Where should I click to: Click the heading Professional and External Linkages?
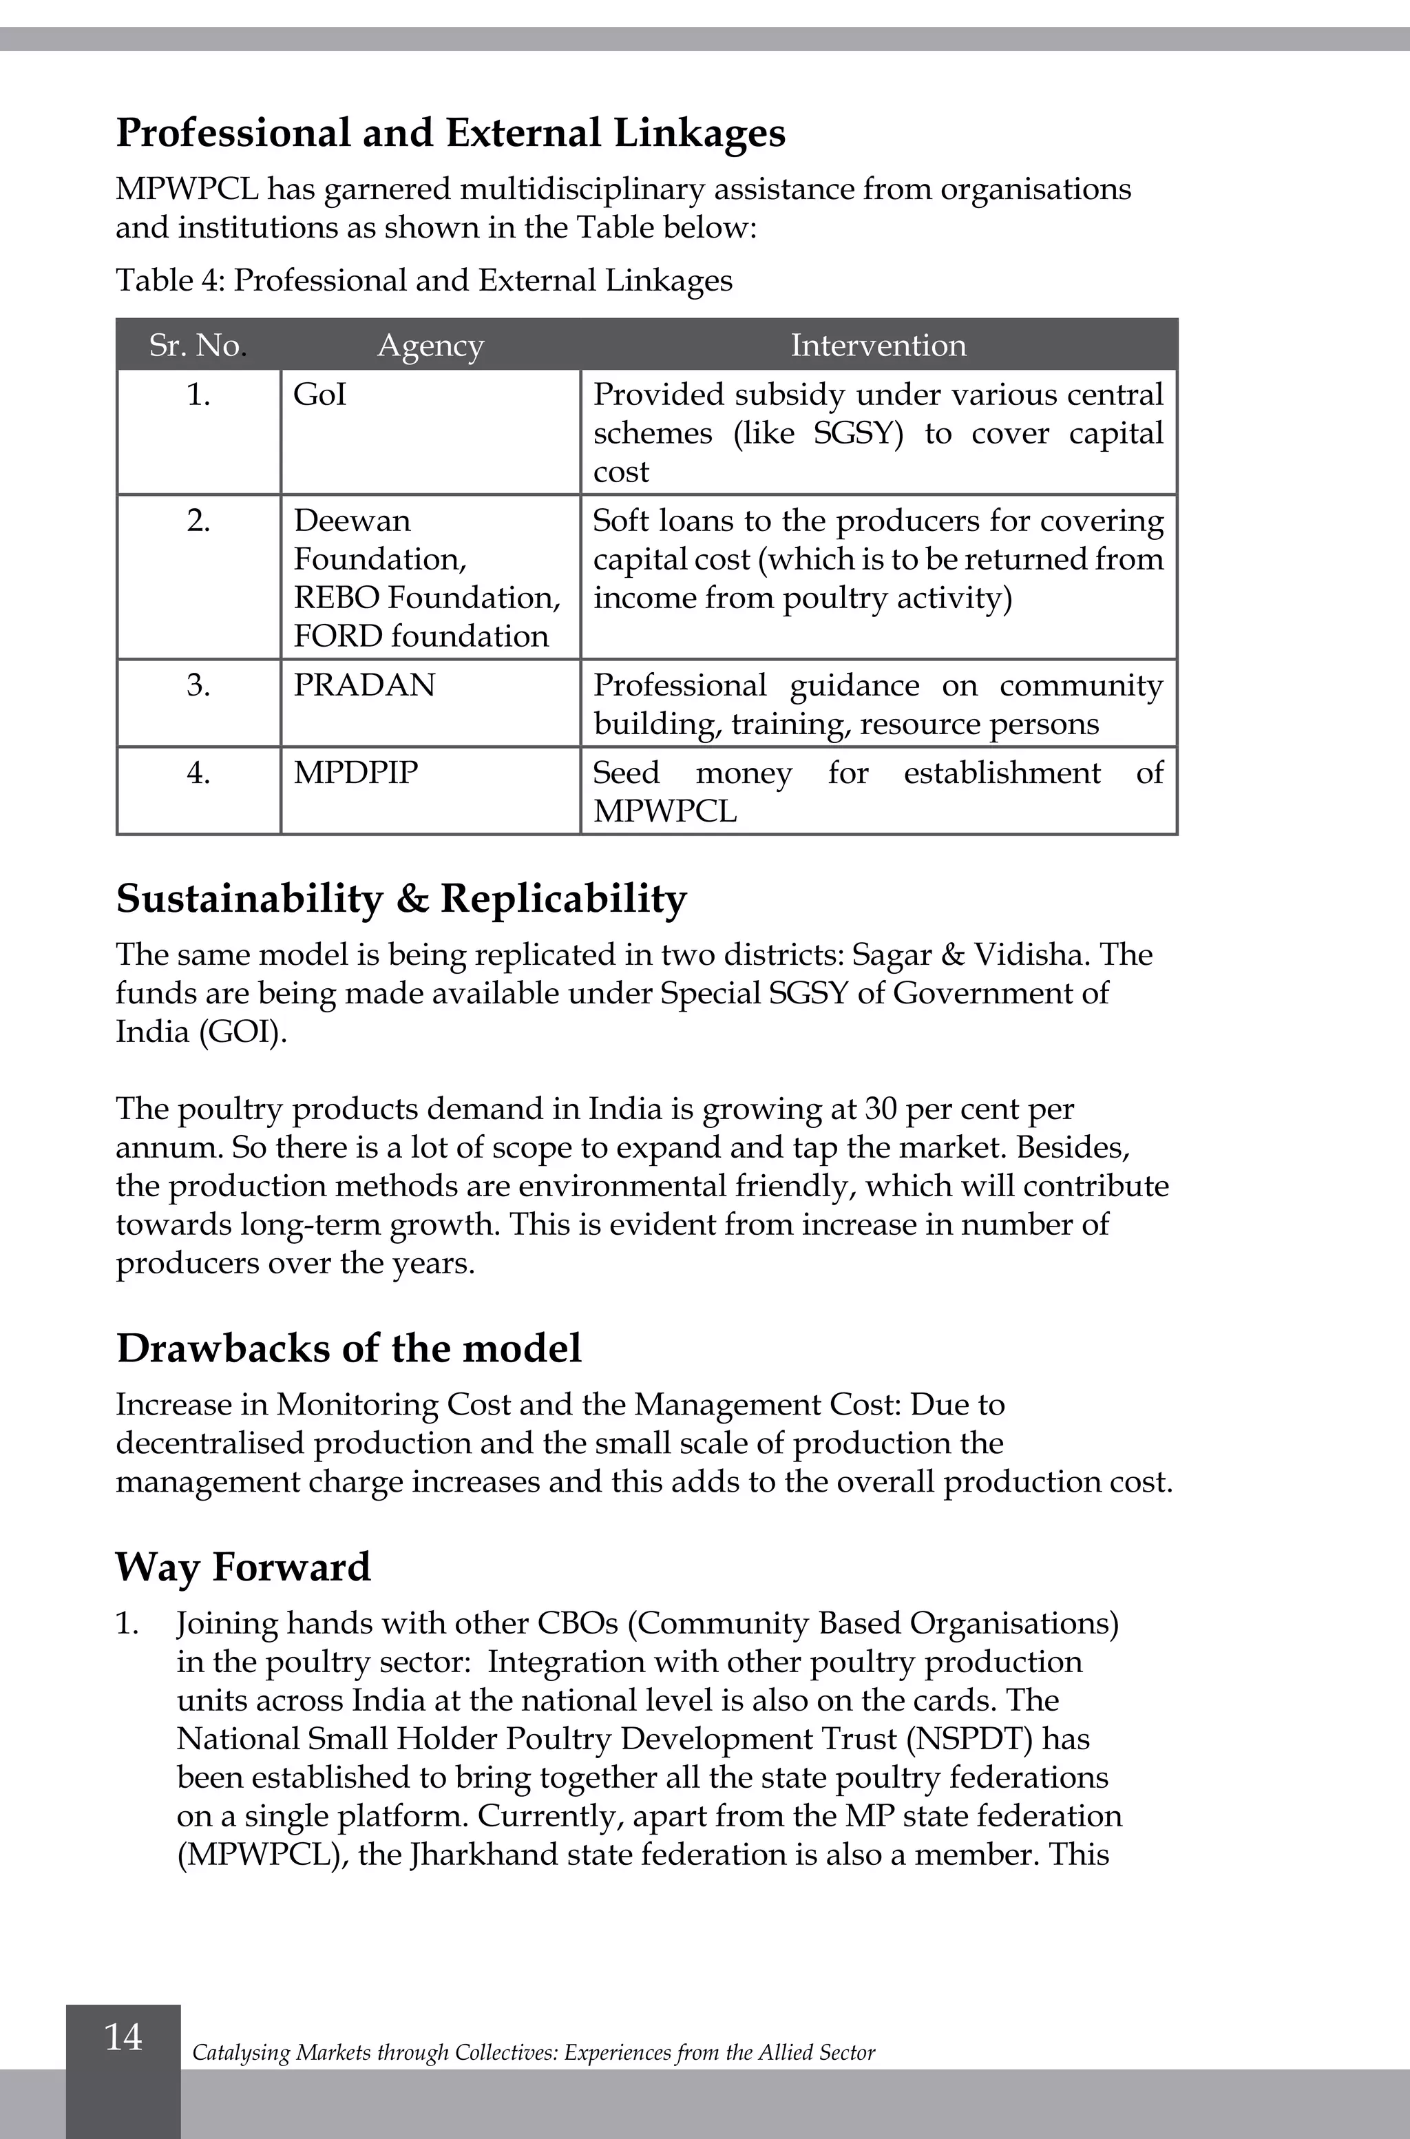tap(450, 133)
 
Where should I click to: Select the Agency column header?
tap(430, 346)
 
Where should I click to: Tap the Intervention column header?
tap(878, 346)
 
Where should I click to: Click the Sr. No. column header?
tap(197, 346)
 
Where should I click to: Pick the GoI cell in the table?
tap(320, 395)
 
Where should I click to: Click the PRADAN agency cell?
tap(364, 685)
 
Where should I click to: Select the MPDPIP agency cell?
tap(356, 773)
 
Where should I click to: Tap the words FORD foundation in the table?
tap(421, 636)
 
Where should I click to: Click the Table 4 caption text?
tap(423, 281)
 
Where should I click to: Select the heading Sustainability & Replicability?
tap(401, 899)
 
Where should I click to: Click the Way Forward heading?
tap(243, 1567)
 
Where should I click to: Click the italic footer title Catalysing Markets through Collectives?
tap(532, 2053)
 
